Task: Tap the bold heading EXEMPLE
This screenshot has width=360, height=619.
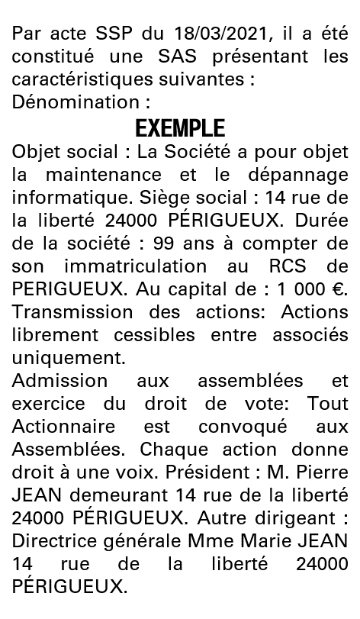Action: (180, 127)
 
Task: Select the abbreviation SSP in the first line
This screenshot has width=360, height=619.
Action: (97, 36)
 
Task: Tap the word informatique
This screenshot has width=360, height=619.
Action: (61, 197)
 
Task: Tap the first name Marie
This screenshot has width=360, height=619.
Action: (272, 542)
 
